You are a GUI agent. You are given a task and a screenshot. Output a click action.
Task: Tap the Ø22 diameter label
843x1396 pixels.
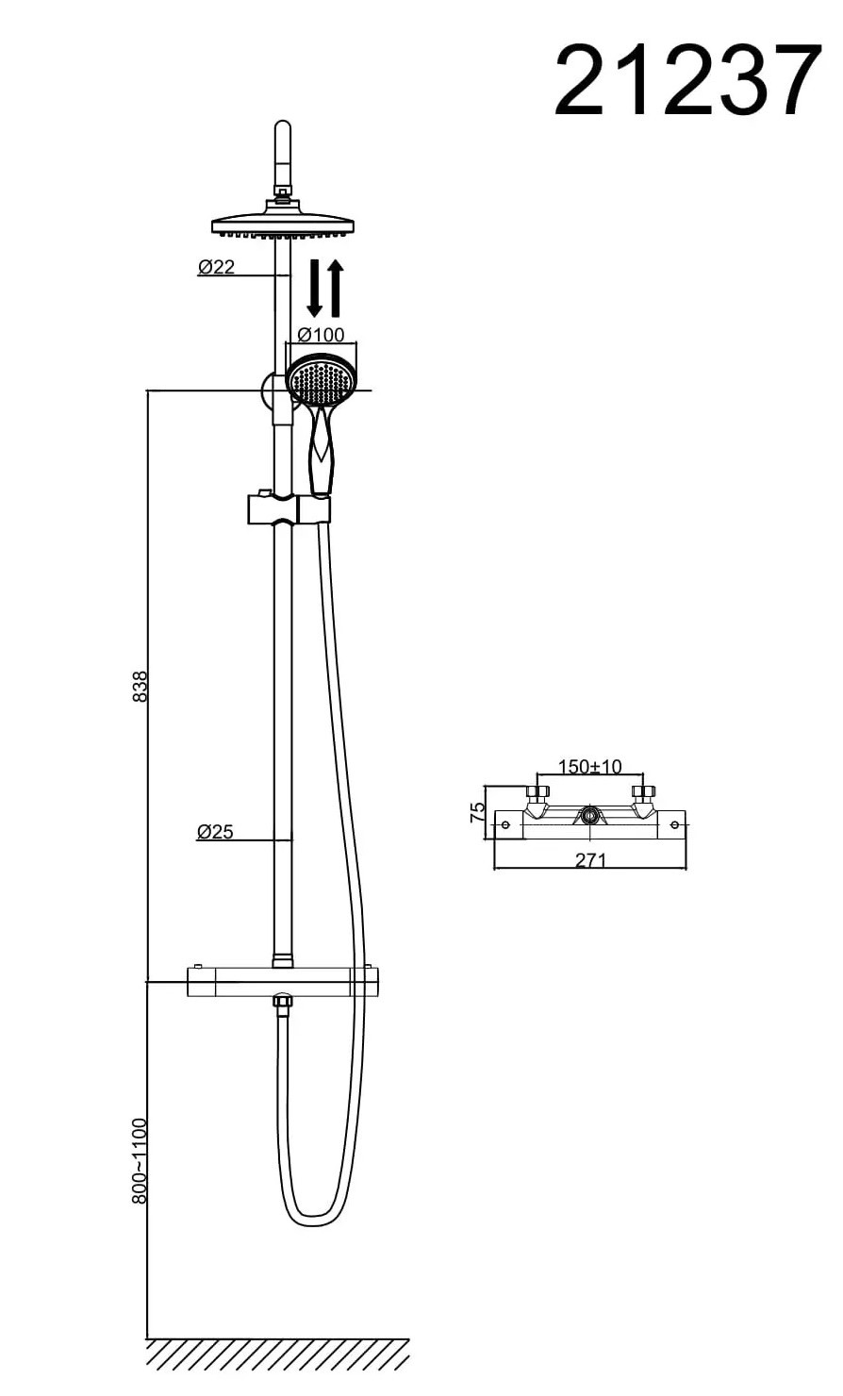[216, 267]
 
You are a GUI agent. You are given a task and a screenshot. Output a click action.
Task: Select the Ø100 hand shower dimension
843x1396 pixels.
[321, 335]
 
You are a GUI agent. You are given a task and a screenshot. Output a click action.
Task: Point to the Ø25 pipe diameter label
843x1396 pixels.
[215, 831]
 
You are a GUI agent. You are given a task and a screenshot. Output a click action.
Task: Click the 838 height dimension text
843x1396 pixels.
[140, 686]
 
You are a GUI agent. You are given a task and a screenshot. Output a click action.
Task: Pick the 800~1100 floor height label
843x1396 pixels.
[140, 1161]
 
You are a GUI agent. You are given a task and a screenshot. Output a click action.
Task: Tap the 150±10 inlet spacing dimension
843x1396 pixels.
[589, 766]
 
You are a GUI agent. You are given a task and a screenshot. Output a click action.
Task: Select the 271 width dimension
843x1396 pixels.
[590, 860]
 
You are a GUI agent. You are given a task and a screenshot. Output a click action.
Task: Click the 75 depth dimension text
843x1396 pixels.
[476, 811]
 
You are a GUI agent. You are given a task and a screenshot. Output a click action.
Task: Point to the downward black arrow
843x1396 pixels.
[315, 288]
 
